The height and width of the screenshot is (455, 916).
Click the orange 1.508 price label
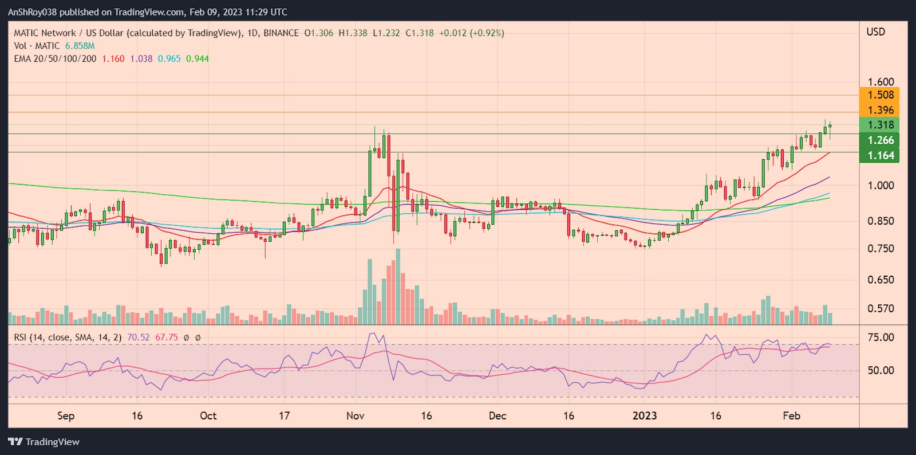880,95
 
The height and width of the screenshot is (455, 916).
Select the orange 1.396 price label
880,110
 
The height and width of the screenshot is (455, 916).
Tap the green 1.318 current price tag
880,125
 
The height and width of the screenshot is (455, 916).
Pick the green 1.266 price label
880,140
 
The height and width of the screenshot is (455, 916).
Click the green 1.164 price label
880,155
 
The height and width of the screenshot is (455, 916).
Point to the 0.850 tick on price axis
880,221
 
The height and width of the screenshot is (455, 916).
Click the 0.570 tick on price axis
880,308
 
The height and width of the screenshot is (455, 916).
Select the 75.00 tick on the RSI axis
880,338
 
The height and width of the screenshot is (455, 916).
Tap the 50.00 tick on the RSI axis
880,370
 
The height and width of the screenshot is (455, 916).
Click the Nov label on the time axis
355,415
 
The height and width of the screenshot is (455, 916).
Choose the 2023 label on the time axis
644,415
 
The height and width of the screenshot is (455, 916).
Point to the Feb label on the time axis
791,415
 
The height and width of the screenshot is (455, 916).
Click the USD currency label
875,32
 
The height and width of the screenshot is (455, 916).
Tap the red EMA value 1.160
113,58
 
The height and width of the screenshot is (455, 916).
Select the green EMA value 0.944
197,58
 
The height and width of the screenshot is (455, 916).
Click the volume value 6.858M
80,46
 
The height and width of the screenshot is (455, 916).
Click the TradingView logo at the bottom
44,442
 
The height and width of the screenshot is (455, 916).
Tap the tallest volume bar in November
398,287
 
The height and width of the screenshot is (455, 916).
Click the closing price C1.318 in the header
420,33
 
